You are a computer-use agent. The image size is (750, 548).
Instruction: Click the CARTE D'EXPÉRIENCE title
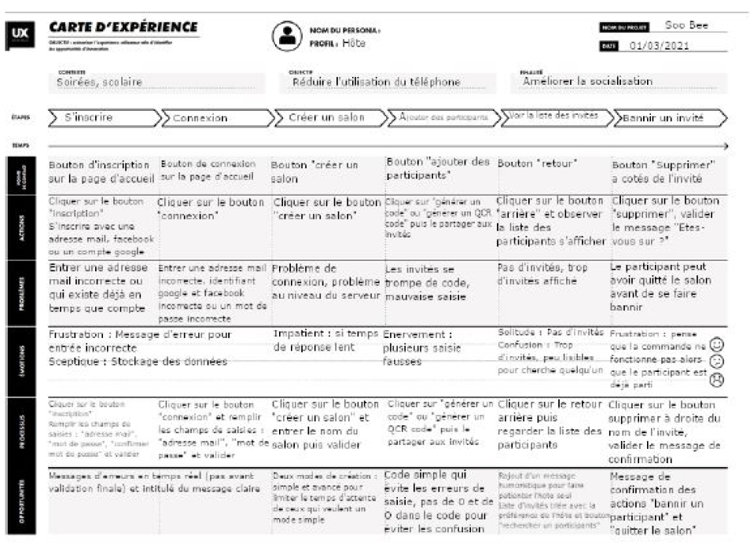point(123,28)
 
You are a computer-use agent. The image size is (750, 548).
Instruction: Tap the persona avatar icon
point(286,35)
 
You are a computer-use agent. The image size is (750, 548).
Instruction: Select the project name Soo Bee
point(686,25)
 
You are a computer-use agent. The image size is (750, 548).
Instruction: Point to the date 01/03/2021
point(659,46)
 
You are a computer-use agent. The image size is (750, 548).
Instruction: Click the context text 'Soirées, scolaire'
point(99,81)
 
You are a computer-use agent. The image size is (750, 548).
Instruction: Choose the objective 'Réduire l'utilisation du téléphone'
point(376,81)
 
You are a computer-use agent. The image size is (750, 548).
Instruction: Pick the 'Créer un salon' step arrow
point(329,117)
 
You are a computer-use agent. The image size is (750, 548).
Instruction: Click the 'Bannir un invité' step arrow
point(667,118)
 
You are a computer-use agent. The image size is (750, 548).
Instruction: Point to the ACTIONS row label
point(19,223)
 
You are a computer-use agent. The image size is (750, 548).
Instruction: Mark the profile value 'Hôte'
point(353,43)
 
